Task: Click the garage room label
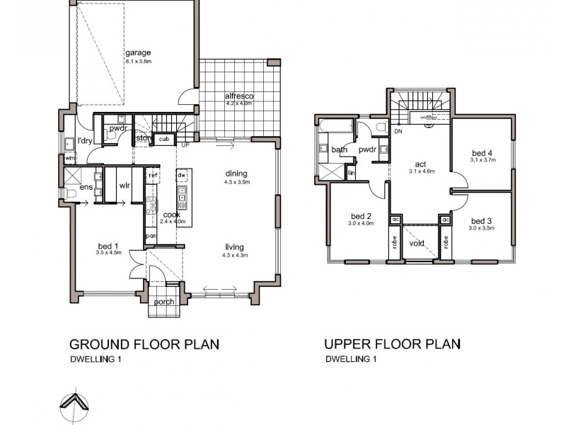(x=139, y=53)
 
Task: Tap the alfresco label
(x=239, y=96)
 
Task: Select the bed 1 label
(x=109, y=246)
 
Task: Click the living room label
(x=234, y=246)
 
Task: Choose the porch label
(x=164, y=302)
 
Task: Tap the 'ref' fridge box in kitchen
(x=152, y=174)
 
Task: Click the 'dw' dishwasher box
(x=182, y=174)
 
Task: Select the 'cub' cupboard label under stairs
(x=163, y=139)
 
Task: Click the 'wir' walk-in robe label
(x=124, y=185)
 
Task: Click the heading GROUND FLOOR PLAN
(x=144, y=345)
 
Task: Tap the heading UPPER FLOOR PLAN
(x=392, y=345)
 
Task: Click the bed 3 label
(x=482, y=220)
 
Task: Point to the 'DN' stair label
(x=398, y=132)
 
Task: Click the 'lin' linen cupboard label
(x=352, y=172)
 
